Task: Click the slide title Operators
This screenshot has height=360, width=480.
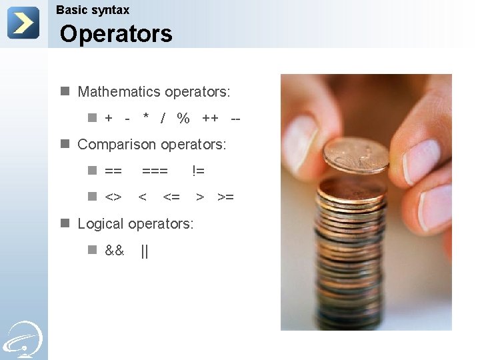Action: [116, 34]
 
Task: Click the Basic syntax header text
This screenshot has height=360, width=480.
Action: [93, 10]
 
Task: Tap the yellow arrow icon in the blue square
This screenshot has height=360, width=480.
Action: [23, 23]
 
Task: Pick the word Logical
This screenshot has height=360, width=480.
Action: [101, 223]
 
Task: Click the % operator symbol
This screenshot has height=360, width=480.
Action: [183, 119]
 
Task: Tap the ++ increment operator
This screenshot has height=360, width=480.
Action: [210, 119]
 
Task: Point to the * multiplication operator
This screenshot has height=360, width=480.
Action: [146, 118]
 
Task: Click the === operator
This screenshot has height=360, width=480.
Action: [155, 171]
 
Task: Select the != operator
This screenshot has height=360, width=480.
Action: [198, 171]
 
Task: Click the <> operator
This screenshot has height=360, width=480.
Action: [113, 197]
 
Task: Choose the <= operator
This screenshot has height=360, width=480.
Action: [171, 197]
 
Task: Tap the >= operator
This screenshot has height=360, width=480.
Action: [226, 197]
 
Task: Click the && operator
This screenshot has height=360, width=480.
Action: [115, 251]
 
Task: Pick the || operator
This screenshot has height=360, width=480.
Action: [145, 251]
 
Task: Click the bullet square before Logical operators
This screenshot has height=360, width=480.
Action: [65, 223]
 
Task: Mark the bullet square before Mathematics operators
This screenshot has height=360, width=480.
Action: [65, 91]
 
